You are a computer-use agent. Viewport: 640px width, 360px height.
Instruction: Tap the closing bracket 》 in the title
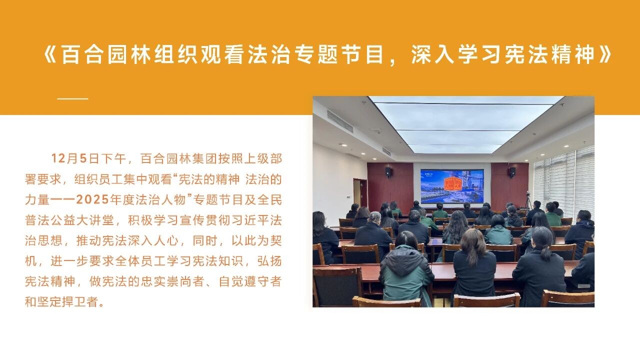pyautogui.click(x=604, y=54)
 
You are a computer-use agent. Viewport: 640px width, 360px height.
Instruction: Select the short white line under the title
pyautogui.click(x=72, y=98)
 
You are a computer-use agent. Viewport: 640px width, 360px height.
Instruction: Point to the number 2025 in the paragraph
pyautogui.click(x=92, y=199)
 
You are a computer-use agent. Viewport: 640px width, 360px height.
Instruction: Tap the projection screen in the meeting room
pyautogui.click(x=452, y=186)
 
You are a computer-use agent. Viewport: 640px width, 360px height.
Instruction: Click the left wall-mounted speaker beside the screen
pyautogui.click(x=388, y=171)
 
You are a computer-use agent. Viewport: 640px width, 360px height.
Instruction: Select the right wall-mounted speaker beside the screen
pyautogui.click(x=512, y=172)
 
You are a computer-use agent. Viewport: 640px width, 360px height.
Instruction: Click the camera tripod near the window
pyautogui.click(x=528, y=201)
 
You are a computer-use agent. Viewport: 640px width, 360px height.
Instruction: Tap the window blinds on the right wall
pyautogui.click(x=564, y=183)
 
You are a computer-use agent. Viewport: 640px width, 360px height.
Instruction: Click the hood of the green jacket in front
pyautogui.click(x=405, y=257)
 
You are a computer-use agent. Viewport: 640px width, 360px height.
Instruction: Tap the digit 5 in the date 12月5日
pyautogui.click(x=83, y=158)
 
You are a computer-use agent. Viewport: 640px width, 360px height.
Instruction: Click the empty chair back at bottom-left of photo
pyautogui.click(x=337, y=285)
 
